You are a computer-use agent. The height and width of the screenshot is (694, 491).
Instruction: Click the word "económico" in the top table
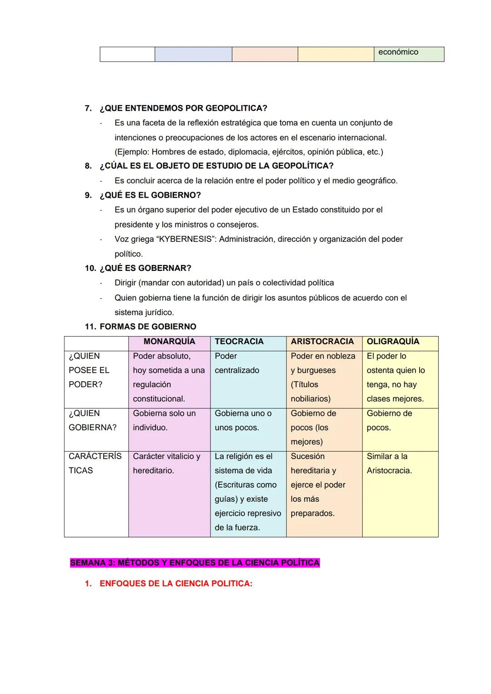click(x=398, y=52)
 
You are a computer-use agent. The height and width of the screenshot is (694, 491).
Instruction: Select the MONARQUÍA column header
click(x=169, y=341)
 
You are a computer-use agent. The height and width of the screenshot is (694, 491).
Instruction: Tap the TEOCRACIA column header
click(x=239, y=341)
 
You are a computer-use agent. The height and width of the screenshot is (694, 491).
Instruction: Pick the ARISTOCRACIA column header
click(x=322, y=341)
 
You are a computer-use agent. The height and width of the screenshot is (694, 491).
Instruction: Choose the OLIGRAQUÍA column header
click(x=393, y=341)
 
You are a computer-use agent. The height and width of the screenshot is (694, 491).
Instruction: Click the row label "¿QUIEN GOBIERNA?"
click(x=92, y=420)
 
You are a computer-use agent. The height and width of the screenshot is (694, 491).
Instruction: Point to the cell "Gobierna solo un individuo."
click(x=164, y=420)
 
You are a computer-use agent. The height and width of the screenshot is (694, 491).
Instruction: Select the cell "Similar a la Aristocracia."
click(x=389, y=463)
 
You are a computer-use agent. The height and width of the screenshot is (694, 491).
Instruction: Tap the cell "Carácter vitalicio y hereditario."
click(x=166, y=463)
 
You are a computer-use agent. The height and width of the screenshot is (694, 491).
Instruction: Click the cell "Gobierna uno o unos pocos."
click(x=243, y=420)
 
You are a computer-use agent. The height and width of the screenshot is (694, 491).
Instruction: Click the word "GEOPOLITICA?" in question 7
click(x=236, y=108)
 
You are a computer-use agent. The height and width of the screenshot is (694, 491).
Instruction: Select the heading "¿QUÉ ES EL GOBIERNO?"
click(x=150, y=195)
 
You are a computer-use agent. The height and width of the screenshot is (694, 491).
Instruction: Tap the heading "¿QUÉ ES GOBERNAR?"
click(x=145, y=268)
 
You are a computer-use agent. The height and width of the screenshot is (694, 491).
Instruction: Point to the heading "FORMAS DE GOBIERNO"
click(x=148, y=326)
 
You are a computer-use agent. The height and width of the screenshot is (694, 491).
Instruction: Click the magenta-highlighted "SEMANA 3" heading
click(x=195, y=563)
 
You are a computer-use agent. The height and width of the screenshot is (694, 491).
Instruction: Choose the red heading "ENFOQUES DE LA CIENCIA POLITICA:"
click(x=175, y=584)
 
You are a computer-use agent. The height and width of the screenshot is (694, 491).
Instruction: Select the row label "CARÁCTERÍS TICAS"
click(x=95, y=463)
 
